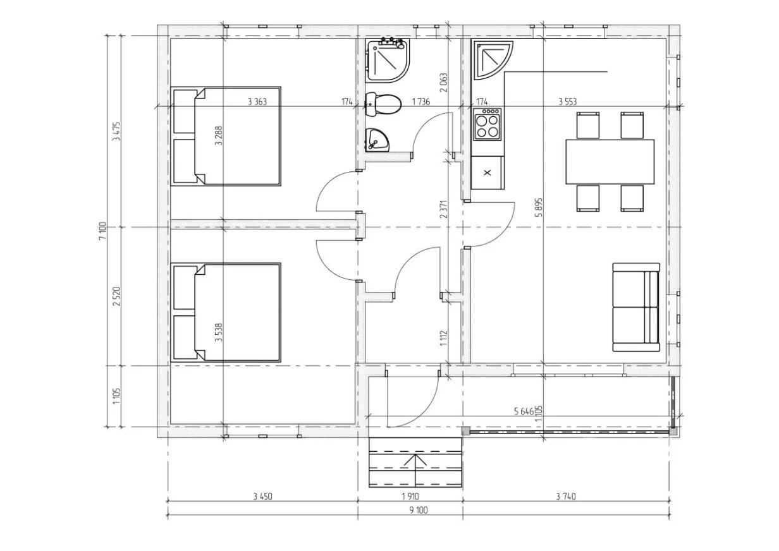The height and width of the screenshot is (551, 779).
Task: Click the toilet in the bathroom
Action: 383,104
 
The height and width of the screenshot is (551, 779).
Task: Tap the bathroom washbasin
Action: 377,140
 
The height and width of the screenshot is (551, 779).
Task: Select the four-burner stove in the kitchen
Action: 486,124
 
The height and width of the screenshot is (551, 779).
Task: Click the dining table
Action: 610,162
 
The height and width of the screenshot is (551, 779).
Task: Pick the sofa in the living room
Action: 636,307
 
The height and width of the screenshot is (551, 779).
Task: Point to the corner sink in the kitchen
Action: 492,59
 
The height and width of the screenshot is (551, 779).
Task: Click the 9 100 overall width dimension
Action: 419,510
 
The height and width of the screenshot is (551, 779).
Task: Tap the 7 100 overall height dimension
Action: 102,231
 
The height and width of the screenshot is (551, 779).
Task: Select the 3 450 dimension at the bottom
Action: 262,496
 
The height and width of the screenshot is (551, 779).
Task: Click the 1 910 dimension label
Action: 410,496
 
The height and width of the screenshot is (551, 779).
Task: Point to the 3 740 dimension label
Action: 566,496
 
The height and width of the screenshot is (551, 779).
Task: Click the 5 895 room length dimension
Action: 539,207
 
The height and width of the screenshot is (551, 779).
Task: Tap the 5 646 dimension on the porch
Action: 524,411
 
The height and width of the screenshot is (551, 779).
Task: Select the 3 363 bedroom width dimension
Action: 257,102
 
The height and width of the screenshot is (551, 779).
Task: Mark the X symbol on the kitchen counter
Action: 488,173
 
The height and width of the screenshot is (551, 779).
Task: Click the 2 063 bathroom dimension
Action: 443,82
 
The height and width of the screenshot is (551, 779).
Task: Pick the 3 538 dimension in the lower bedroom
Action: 218,333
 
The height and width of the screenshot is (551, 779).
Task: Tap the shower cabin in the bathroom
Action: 388,61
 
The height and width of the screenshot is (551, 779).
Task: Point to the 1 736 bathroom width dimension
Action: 421,102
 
